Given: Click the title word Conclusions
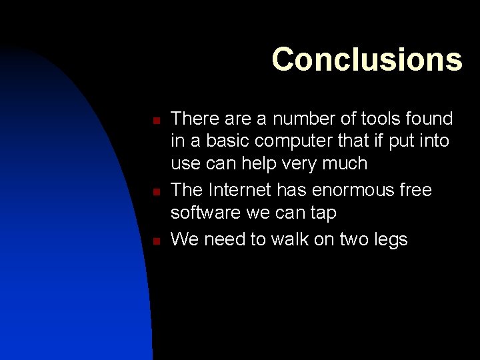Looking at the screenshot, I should (x=367, y=59).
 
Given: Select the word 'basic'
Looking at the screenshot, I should (x=229, y=141).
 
